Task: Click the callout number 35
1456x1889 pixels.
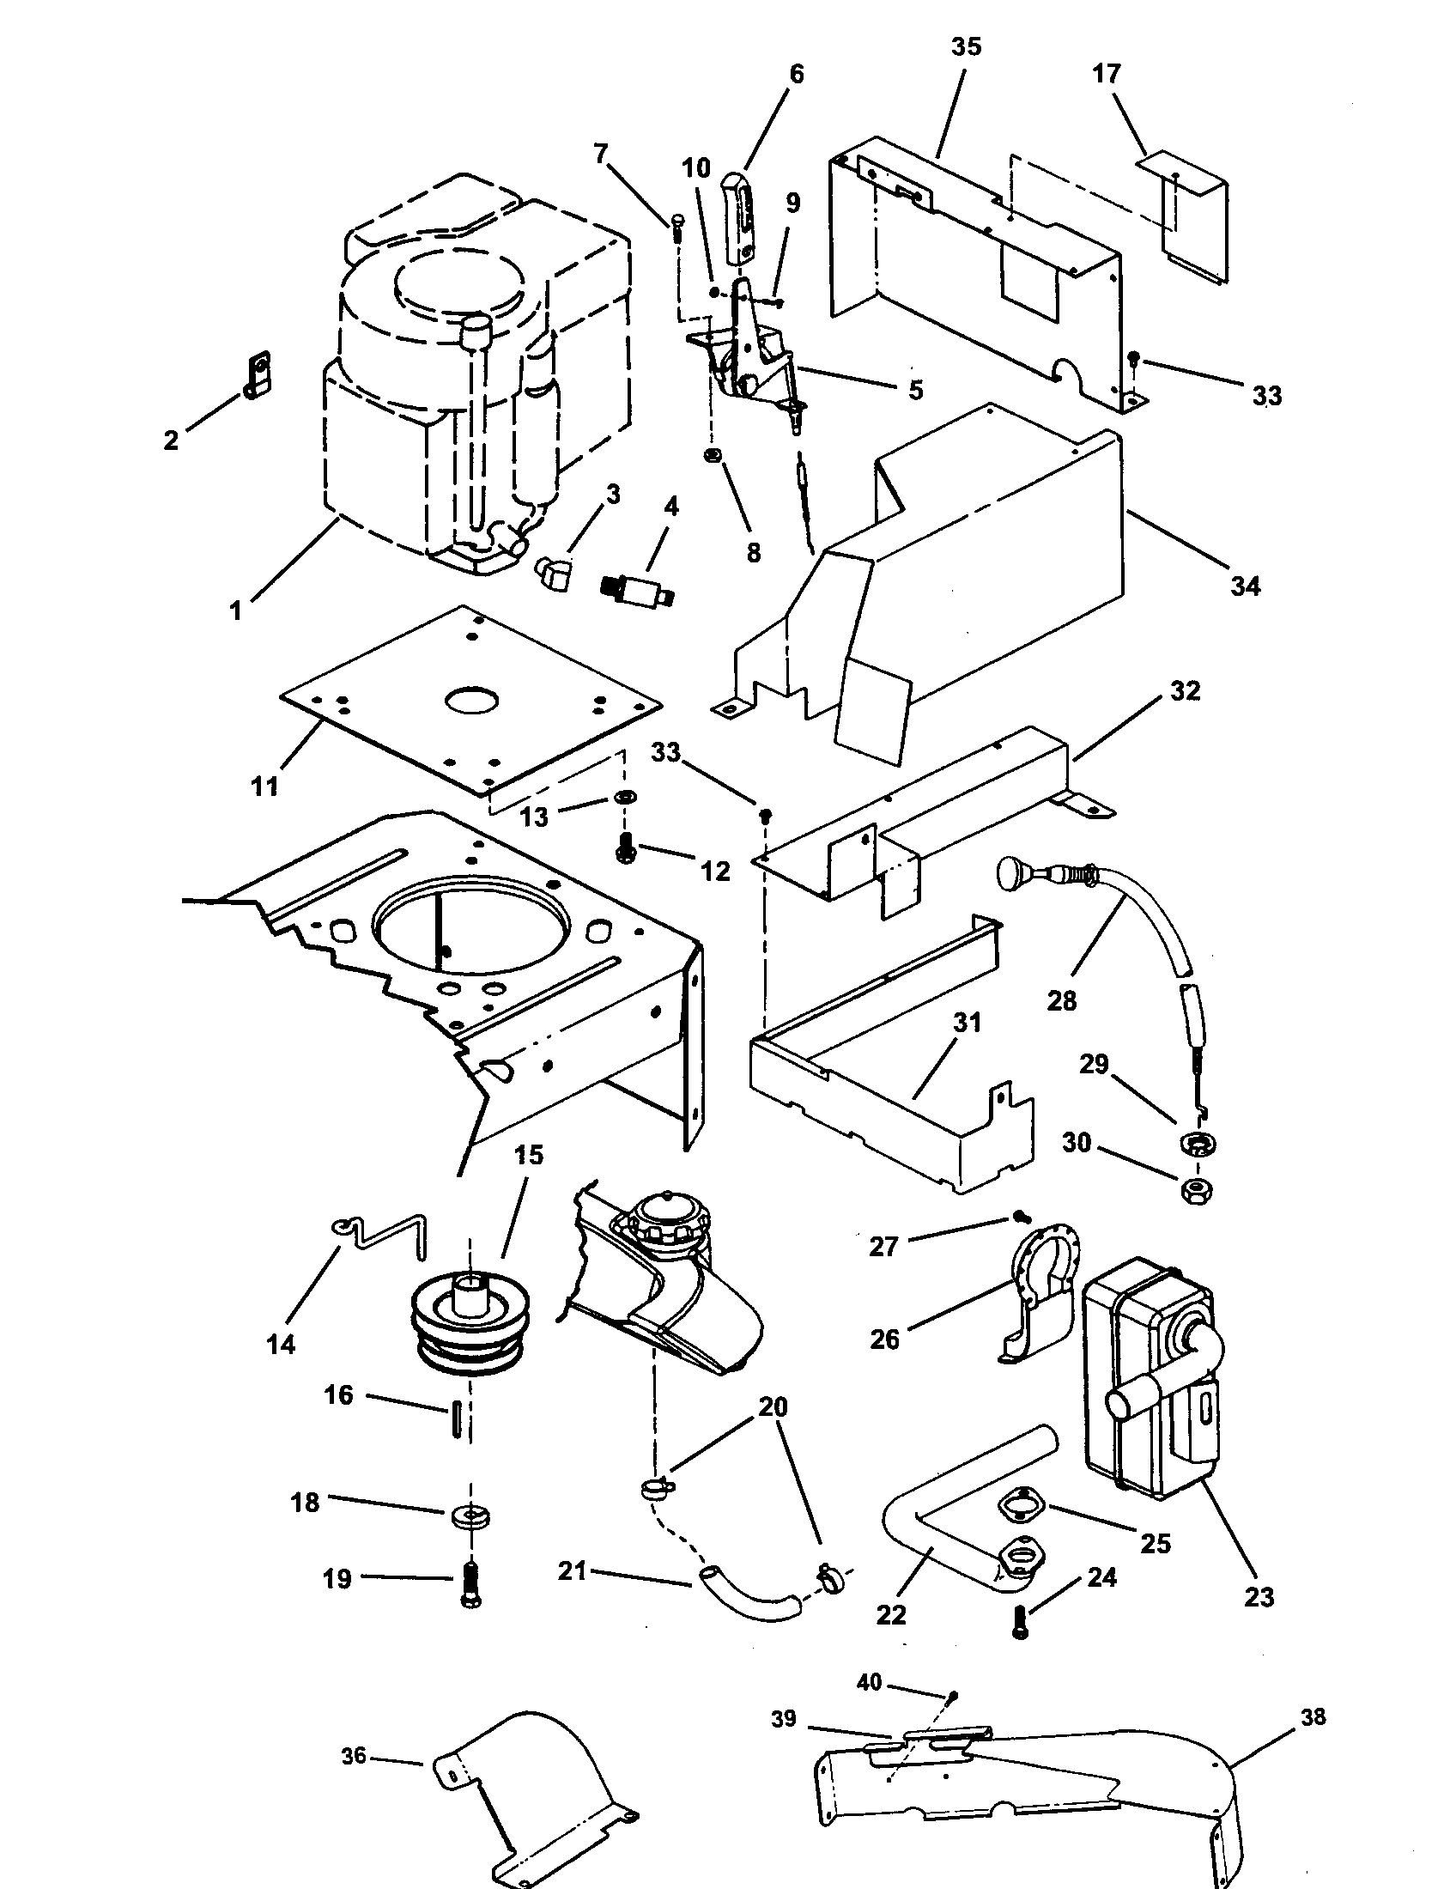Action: pyautogui.click(x=966, y=46)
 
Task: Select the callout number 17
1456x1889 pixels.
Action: pyautogui.click(x=1106, y=75)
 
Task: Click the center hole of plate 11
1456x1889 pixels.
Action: pyautogui.click(x=472, y=701)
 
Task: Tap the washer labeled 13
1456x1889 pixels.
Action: pyautogui.click(x=622, y=796)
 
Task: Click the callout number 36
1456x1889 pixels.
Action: pyautogui.click(x=354, y=1756)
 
